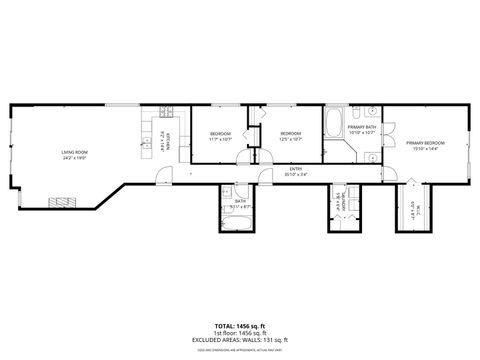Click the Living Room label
76,153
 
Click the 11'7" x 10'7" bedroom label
219,136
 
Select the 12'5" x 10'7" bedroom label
290,136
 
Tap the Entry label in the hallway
296,171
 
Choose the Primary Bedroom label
425,146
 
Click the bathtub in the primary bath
333,126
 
